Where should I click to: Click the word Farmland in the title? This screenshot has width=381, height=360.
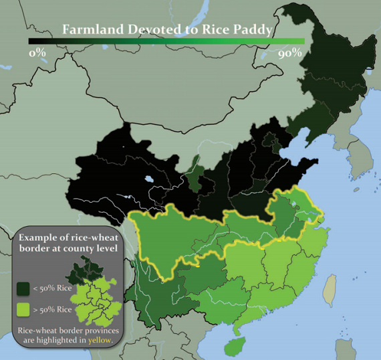[88, 30]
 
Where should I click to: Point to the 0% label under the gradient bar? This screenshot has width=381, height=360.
[39, 54]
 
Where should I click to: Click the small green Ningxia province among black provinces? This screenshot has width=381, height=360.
[193, 173]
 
